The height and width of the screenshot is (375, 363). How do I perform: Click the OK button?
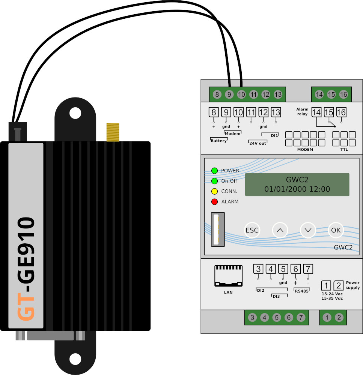coord(336,230)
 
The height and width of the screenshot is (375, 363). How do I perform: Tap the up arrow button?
coord(280,230)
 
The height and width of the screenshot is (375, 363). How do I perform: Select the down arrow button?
coord(308,230)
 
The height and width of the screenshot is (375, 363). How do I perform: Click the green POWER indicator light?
coord(215,171)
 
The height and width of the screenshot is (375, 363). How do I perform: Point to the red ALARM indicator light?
coord(215,202)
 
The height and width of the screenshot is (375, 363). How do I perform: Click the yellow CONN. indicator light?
coord(215,191)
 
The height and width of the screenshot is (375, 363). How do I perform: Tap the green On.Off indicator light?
coord(215,181)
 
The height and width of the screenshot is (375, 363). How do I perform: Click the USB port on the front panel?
coord(218,229)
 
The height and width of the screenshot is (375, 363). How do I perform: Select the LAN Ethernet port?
coord(229,276)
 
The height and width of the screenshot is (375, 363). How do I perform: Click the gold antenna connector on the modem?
coord(113,132)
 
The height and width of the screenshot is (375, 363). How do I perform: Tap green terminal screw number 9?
coord(229,94)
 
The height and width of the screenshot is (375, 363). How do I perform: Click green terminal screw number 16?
coord(343,94)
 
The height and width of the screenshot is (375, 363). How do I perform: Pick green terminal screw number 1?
coord(327,318)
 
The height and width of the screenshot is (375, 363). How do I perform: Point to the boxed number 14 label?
coord(316,112)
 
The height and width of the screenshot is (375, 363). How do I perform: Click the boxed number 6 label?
coord(296,269)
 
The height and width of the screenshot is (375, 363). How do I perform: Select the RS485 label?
coord(302,291)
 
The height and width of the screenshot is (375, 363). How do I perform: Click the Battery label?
coord(218,141)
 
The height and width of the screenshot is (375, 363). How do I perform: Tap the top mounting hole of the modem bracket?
coord(75,113)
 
